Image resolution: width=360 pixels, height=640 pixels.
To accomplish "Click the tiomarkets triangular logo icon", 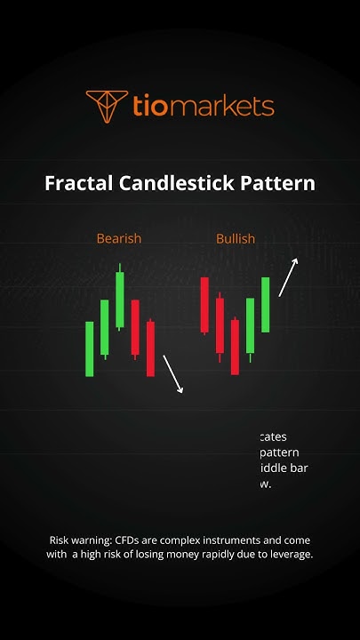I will click(105, 107).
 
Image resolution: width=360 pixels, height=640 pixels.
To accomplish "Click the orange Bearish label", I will click(119, 238).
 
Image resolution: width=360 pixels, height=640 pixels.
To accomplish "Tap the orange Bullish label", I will click(236, 238).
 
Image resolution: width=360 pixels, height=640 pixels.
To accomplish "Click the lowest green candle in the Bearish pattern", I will click(90, 348).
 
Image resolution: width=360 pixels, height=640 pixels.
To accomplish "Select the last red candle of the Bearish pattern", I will click(150, 348).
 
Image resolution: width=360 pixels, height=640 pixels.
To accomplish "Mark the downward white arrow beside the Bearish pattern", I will click(173, 374).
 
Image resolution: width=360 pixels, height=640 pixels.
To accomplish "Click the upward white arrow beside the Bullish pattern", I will click(288, 276).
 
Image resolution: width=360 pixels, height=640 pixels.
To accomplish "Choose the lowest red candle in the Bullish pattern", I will click(235, 347).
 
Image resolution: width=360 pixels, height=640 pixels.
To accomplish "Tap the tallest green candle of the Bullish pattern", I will click(265, 305).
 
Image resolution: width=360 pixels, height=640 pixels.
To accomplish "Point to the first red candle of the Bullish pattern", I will click(204, 305).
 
